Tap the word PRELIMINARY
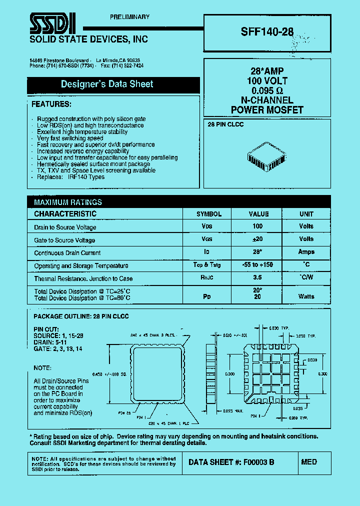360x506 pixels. [129, 17]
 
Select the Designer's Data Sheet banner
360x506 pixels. [107, 84]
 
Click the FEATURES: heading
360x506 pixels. [51, 104]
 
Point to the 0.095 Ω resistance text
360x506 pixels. [267, 90]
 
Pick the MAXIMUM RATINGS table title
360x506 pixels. [68, 202]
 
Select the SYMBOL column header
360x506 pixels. [209, 214]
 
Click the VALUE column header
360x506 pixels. [258, 214]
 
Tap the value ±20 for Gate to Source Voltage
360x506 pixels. [258, 239]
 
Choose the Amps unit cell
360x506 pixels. [306, 252]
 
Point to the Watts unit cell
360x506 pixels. [306, 296]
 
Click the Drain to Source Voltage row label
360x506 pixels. [65, 227]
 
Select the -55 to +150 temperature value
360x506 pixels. [258, 264]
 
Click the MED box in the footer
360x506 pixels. [309, 462]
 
